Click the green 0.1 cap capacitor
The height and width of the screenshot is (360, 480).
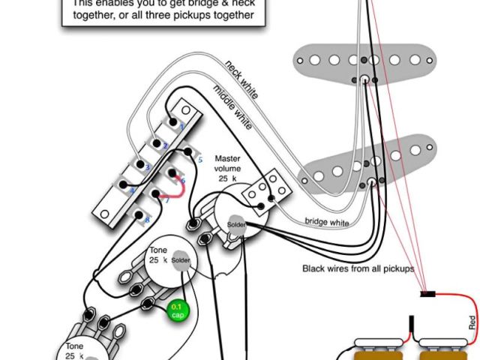(x=178, y=310)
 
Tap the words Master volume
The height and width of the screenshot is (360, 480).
(x=228, y=164)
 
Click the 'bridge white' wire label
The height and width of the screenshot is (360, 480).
(x=326, y=222)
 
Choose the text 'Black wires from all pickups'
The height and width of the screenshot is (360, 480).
(x=358, y=268)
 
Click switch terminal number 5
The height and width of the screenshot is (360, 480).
(x=199, y=160)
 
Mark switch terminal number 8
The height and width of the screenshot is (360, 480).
(x=147, y=219)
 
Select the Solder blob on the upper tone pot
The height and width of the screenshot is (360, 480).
(x=181, y=259)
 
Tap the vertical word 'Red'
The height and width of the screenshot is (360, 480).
(x=472, y=322)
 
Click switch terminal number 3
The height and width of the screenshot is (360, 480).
(x=148, y=166)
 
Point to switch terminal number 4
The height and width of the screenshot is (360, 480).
(x=132, y=191)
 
